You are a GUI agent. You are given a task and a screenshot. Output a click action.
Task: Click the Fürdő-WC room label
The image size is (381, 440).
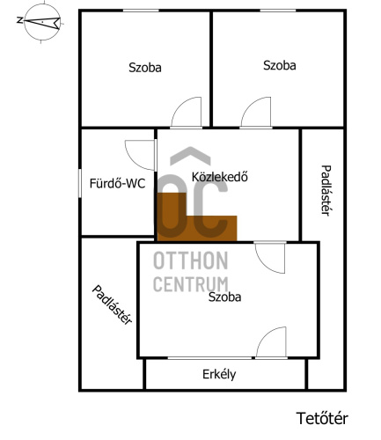[117, 184]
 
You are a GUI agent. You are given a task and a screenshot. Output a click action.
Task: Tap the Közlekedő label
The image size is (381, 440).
[220, 177]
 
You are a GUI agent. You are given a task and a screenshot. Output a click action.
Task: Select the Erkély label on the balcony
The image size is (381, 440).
[219, 375]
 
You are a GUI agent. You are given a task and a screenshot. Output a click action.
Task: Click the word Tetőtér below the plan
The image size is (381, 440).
[322, 418]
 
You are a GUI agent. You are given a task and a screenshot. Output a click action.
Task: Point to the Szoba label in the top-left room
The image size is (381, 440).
[145, 68]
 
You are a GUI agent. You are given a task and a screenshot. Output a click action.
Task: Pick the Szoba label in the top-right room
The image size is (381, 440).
[279, 65]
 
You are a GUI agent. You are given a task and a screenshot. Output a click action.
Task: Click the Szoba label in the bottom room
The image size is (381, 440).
[224, 297]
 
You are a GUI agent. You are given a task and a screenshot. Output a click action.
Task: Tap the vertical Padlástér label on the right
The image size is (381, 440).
[326, 190]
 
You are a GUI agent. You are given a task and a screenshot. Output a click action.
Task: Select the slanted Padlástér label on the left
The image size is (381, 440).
[112, 305]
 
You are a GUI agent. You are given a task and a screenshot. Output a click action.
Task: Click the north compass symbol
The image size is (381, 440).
[42, 22]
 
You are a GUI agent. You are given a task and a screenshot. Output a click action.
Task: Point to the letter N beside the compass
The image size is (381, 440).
[19, 20]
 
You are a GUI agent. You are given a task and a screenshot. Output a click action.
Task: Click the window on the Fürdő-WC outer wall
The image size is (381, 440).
[79, 183]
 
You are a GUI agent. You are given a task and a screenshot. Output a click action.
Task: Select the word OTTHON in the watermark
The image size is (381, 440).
[191, 260]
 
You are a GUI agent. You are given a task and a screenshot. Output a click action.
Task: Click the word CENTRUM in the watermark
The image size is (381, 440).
[191, 284]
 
